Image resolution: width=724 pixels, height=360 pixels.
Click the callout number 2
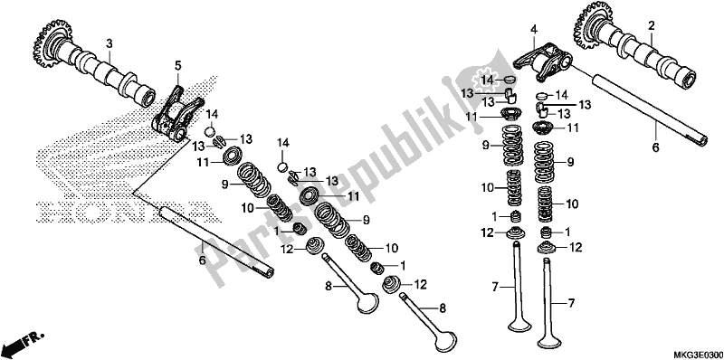[652, 26]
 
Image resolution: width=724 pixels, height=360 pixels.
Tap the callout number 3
[110, 44]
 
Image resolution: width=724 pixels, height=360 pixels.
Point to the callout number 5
[177, 66]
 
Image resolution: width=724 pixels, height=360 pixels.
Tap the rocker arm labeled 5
[176, 117]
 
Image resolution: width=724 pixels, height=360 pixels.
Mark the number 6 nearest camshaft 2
[655, 147]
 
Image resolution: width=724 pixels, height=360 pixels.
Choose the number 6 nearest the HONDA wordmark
[202, 261]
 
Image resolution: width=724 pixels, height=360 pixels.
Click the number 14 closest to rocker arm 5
[212, 115]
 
